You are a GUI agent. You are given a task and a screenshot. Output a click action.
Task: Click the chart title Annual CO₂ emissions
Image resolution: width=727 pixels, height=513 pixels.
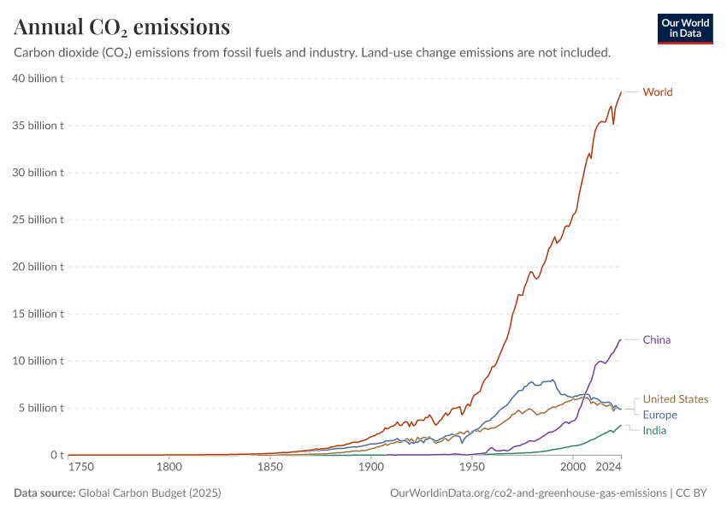click(121, 27)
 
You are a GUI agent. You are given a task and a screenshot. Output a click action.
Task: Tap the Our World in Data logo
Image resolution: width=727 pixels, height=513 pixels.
click(685, 28)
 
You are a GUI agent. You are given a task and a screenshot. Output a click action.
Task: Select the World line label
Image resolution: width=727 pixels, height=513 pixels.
click(657, 92)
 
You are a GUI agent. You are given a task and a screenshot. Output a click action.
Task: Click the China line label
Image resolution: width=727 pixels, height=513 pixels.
click(656, 340)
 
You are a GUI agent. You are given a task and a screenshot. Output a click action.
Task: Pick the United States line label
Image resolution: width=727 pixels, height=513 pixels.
click(675, 399)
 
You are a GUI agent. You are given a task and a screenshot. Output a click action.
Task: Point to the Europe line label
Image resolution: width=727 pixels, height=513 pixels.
click(659, 415)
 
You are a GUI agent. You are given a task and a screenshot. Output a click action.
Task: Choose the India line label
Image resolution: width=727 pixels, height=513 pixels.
click(654, 430)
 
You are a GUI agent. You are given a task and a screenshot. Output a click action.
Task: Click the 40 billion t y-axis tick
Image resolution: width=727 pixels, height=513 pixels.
click(38, 79)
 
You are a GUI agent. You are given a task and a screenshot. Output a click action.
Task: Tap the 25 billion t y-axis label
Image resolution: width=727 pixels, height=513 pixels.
click(38, 220)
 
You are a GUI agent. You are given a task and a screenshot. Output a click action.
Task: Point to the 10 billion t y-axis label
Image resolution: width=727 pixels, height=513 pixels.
click(38, 361)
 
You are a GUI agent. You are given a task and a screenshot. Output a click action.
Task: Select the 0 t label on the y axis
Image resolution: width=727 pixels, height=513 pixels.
click(56, 455)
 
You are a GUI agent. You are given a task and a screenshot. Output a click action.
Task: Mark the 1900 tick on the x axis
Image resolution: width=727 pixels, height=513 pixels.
click(370, 468)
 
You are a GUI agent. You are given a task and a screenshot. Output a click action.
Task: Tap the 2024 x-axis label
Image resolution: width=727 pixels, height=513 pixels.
click(609, 468)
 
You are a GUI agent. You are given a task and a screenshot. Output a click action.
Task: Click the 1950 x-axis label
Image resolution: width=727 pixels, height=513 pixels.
click(471, 468)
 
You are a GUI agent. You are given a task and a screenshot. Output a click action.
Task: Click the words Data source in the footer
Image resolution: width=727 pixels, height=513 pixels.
click(44, 493)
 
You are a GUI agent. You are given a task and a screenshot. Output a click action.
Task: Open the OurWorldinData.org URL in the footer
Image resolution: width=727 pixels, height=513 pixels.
click(528, 493)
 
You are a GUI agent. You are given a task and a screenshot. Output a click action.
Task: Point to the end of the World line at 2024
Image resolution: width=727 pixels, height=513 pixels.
click(621, 92)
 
